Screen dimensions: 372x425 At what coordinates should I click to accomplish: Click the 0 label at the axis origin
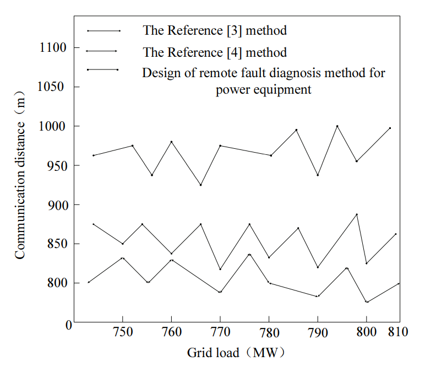click(69, 325)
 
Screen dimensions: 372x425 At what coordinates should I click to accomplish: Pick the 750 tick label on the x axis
click(122, 332)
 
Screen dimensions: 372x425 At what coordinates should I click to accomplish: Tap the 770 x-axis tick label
click(220, 332)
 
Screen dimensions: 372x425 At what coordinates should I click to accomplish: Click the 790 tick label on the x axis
click(318, 332)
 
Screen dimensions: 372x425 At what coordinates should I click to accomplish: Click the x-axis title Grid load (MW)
click(236, 352)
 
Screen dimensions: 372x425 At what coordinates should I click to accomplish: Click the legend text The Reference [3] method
click(215, 30)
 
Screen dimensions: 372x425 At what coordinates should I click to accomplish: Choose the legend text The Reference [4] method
click(215, 52)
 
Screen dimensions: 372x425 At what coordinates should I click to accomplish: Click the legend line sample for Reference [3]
click(103, 31)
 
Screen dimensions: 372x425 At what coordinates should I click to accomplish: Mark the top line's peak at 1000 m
click(337, 126)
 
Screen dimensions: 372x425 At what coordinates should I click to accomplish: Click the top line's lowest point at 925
click(200, 185)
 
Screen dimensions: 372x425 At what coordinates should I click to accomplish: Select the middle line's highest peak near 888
click(357, 214)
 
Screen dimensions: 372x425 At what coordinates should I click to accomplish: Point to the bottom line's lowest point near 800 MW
click(367, 302)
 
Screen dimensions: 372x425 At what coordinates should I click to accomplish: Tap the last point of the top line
click(390, 128)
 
